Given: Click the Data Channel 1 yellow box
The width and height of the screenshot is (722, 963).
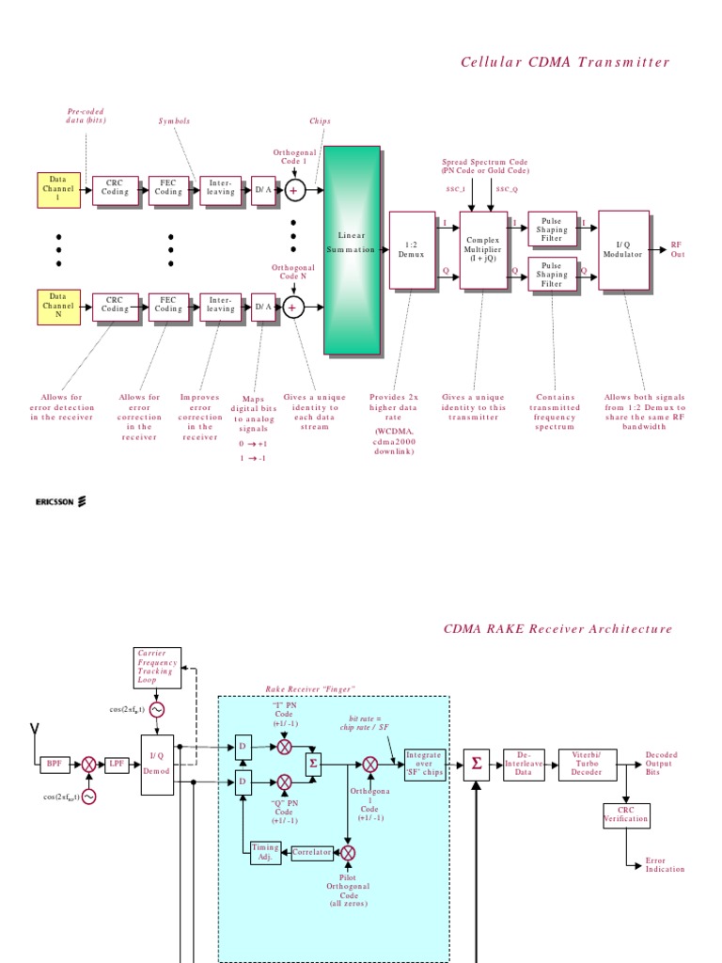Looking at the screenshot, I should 58,189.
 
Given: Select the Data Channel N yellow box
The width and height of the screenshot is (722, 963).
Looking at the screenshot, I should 58,306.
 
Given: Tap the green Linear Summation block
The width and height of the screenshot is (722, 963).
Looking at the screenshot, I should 352,249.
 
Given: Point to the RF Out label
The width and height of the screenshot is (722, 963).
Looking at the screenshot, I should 676,249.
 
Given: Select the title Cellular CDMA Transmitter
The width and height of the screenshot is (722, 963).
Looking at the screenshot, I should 565,62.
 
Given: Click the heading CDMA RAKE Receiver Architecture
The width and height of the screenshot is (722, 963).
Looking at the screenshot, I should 557,629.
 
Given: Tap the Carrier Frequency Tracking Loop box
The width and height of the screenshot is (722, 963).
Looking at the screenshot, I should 156,666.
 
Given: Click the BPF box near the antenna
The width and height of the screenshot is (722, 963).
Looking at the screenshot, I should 54,765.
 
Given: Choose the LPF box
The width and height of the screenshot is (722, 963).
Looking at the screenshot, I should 117,765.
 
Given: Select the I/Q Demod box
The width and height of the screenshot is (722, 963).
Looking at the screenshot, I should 157,765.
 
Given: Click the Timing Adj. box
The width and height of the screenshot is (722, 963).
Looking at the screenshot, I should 265,852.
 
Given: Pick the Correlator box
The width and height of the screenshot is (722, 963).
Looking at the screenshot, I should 312,853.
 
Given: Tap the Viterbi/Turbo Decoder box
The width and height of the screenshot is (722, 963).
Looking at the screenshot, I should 588,765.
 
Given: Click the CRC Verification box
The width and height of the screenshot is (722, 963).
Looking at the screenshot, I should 626,814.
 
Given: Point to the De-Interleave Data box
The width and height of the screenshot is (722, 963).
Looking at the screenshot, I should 523,765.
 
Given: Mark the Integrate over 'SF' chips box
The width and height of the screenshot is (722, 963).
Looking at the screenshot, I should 424,765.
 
